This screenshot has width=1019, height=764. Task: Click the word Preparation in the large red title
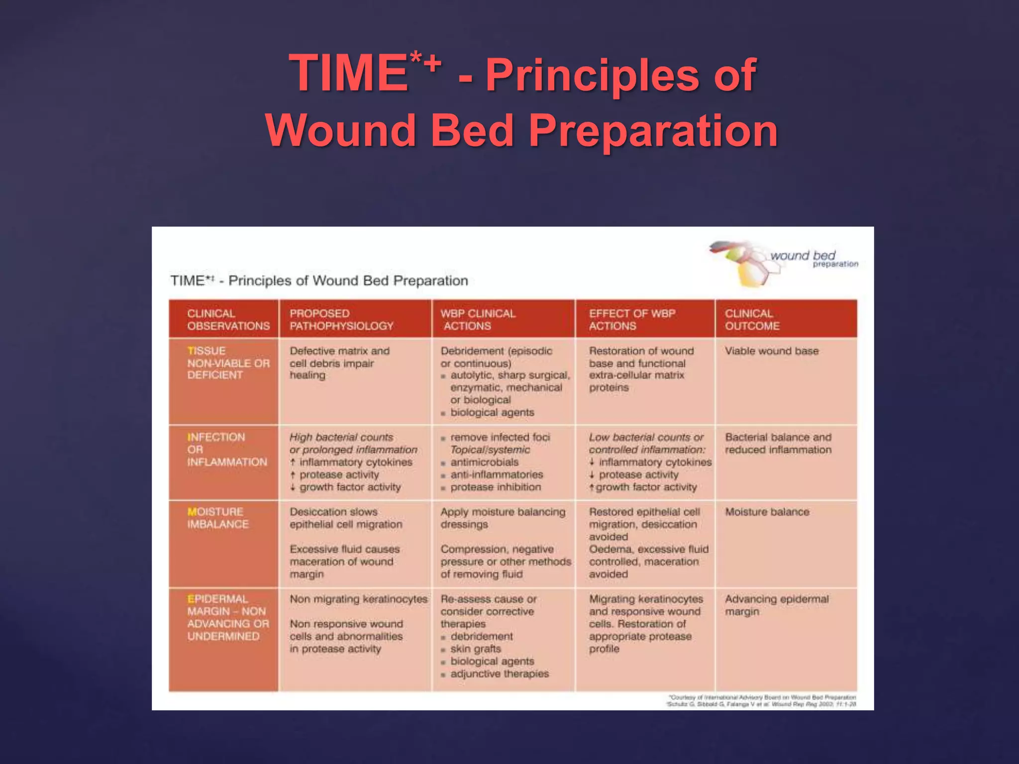point(653,131)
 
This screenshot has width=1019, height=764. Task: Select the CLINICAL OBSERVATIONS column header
point(228,320)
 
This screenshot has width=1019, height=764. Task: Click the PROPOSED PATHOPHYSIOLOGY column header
point(341,320)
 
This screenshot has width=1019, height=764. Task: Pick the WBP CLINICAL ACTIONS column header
point(478,320)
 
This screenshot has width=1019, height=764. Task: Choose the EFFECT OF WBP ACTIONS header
point(632,320)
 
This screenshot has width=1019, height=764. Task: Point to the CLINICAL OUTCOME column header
point(752,320)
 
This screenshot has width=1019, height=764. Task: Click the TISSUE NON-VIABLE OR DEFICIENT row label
point(228,363)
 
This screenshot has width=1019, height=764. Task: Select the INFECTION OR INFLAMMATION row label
point(227,450)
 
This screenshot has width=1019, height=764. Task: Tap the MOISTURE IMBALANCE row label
point(217,518)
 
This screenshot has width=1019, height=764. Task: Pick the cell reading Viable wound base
point(771,351)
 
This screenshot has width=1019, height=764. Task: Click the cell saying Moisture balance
point(767,512)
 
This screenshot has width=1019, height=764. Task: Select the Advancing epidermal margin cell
point(776,605)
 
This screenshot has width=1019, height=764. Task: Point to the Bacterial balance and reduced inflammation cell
point(778,443)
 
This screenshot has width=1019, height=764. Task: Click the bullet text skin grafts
point(475,649)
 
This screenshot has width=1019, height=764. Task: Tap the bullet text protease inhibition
point(495,487)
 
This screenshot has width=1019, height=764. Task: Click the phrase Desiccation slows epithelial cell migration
point(346,518)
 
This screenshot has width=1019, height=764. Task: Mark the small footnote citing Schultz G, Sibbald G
point(761,704)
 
